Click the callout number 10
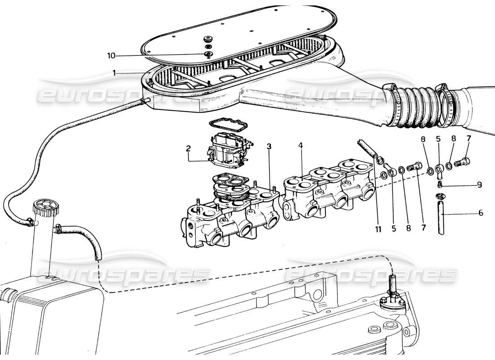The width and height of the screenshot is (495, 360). [111, 55]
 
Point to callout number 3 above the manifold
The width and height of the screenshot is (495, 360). [269, 146]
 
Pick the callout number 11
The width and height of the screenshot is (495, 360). [378, 229]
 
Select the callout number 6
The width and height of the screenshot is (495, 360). [481, 213]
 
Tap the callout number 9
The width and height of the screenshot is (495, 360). [480, 184]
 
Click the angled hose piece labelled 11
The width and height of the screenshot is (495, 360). [367, 148]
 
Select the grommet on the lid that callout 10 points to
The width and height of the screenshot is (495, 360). [208, 54]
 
